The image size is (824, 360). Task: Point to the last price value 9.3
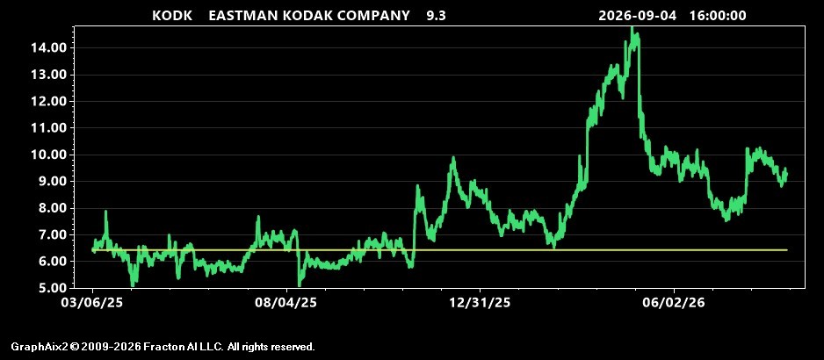click(436, 15)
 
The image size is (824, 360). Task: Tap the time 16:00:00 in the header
click(718, 15)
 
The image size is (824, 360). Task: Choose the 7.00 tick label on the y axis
click(53, 234)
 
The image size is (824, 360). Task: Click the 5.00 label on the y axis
click(53, 288)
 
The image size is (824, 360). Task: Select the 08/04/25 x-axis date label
click(286, 303)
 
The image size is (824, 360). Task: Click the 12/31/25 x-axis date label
click(480, 303)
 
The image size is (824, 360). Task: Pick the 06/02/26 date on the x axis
click(674, 303)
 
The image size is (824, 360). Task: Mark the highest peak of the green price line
click(632, 27)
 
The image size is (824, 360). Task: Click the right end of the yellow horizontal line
click(787, 250)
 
